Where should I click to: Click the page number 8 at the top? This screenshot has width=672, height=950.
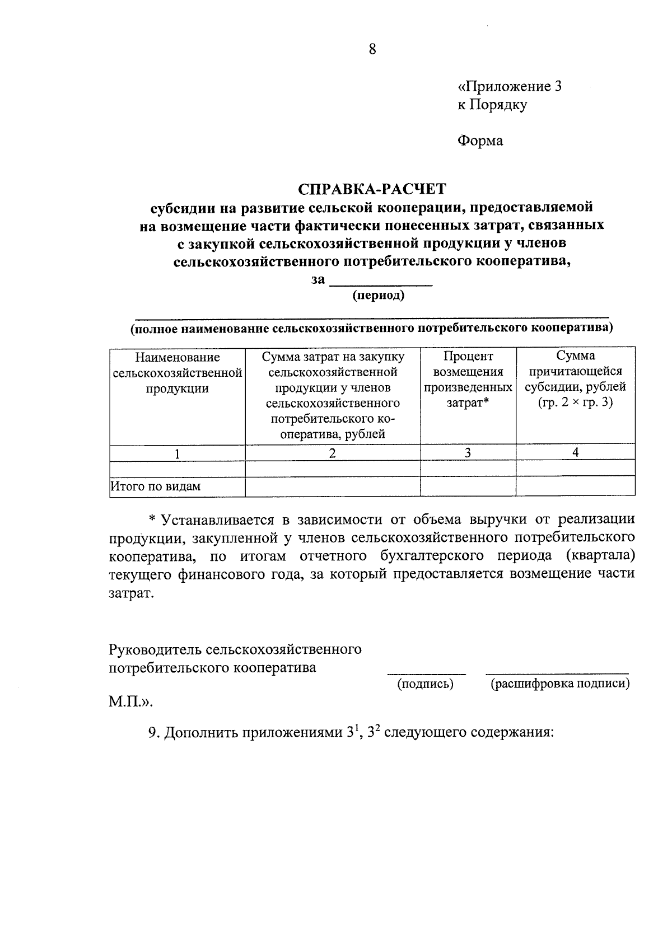[372, 50]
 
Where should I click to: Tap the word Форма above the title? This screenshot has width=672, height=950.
[480, 141]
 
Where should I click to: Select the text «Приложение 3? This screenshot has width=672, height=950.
[509, 87]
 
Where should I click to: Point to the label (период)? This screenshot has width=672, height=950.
[378, 295]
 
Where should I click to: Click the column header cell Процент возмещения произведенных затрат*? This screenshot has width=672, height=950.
[468, 380]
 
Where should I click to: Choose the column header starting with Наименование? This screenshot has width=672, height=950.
[178, 373]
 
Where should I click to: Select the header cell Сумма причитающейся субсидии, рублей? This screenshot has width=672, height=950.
[575, 380]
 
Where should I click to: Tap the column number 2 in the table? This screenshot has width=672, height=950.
[332, 453]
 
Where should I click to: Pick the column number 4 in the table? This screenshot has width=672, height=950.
[575, 452]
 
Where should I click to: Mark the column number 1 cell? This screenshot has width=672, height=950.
[177, 453]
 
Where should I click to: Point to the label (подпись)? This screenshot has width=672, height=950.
[425, 684]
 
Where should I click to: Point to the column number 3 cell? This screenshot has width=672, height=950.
[468, 453]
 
